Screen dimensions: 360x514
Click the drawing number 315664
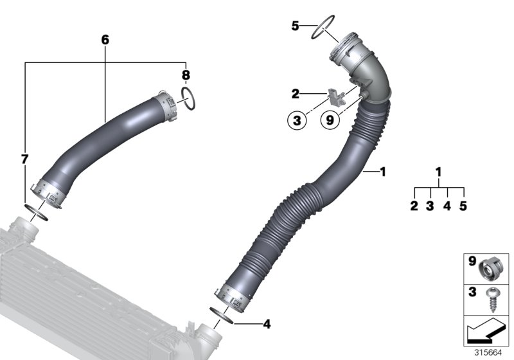click(493, 352)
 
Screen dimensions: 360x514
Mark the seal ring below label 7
click(35, 211)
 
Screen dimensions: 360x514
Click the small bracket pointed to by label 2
click(336, 97)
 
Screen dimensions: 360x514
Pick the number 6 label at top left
click(105, 40)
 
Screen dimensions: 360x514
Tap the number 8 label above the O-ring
click(185, 75)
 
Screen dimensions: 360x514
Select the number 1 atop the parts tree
click(439, 172)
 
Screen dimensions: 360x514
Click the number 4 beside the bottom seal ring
click(267, 324)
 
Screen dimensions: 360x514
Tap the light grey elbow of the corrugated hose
click(371, 71)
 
